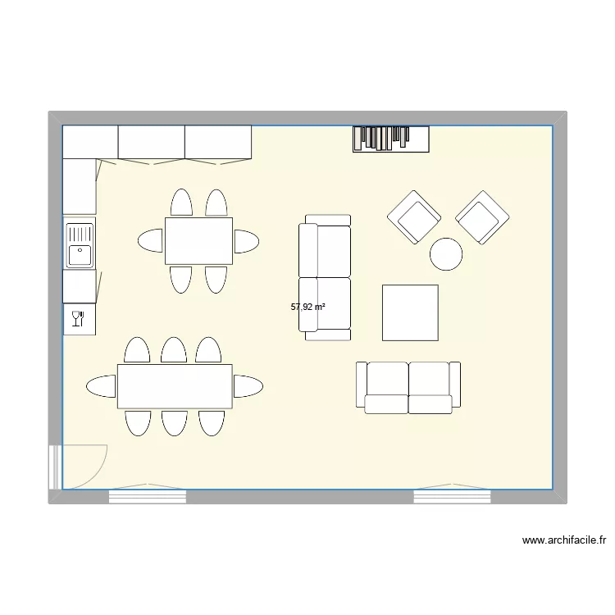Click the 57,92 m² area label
click(307, 307)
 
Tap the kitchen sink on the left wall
click(80, 244)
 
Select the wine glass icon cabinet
click(79, 318)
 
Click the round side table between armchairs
click(447, 253)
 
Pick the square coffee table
click(410, 312)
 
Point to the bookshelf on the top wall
click(391, 139)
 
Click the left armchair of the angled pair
click(414, 217)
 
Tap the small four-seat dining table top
click(198, 241)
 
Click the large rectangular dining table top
click(175, 386)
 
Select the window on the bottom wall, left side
click(148, 495)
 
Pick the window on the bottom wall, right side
click(452, 495)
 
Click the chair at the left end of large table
click(102, 386)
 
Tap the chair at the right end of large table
click(248, 386)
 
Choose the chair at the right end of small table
click(246, 241)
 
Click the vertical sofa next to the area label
click(325, 277)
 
